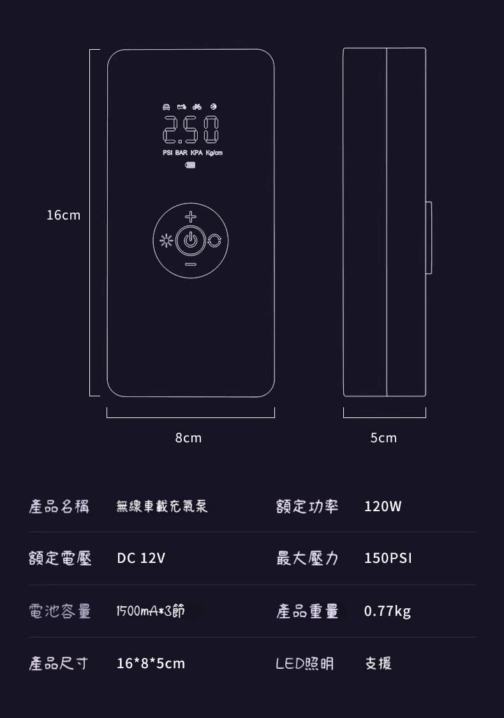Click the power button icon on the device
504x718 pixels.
tap(191, 241)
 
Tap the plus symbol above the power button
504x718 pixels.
tap(191, 217)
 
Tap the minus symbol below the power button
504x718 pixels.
tap(191, 264)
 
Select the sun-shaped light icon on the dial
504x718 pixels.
tap(167, 241)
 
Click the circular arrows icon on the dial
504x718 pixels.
tap(215, 241)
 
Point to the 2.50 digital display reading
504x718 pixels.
tap(191, 130)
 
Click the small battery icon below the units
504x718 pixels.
tap(191, 165)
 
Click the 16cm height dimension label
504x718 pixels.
tap(63, 215)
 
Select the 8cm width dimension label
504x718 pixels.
tap(188, 438)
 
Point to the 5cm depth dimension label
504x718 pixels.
tap(383, 438)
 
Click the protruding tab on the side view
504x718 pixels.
tap(429, 237)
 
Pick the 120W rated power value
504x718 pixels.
tap(383, 507)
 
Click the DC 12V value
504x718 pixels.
tap(141, 558)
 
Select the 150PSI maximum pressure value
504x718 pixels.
tap(388, 558)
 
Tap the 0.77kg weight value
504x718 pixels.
tap(387, 611)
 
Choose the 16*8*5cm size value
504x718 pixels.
tap(151, 664)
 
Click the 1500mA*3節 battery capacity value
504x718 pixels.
tap(151, 611)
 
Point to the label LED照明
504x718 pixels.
tap(304, 664)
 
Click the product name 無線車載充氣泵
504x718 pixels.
tap(162, 507)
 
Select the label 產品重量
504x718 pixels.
tap(307, 611)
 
